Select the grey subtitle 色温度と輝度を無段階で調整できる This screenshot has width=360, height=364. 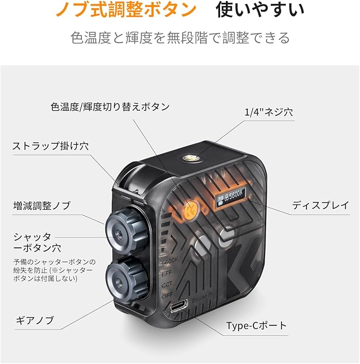180,38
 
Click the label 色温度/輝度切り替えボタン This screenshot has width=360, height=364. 110,106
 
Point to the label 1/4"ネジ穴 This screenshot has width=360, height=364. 269,112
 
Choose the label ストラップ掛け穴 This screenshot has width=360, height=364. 50,146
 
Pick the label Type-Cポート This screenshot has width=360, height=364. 256,325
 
